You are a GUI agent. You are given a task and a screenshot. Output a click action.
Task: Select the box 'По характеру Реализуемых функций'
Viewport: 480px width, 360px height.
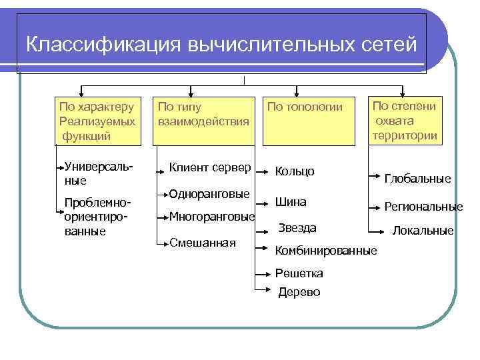coord(97,121)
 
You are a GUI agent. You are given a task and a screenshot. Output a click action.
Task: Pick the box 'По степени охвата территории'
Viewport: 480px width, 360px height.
coord(405,121)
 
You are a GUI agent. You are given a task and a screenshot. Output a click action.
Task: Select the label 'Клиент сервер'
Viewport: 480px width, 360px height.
coord(210,167)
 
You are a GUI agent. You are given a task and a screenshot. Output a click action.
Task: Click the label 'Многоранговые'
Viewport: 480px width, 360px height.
coord(212,216)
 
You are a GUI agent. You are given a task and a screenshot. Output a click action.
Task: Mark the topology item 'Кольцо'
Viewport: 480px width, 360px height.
coord(295,171)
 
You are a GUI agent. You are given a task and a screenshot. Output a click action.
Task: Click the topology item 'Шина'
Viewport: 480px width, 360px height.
coord(291,201)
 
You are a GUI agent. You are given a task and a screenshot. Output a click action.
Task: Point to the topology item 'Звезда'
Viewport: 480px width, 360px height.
coord(297,228)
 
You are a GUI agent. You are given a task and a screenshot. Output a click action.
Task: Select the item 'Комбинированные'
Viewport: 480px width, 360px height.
coord(326,251)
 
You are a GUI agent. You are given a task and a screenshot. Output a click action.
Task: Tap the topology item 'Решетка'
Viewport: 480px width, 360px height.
coord(299,273)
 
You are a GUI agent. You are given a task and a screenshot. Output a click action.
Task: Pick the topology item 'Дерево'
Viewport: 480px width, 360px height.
coord(299,291)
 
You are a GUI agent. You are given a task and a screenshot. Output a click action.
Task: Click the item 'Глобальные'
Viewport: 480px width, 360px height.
coord(418,179)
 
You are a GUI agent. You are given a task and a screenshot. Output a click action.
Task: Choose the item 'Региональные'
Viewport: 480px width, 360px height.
coord(423,207)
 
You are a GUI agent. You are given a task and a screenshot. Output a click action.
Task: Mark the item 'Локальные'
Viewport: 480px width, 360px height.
coord(423,231)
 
